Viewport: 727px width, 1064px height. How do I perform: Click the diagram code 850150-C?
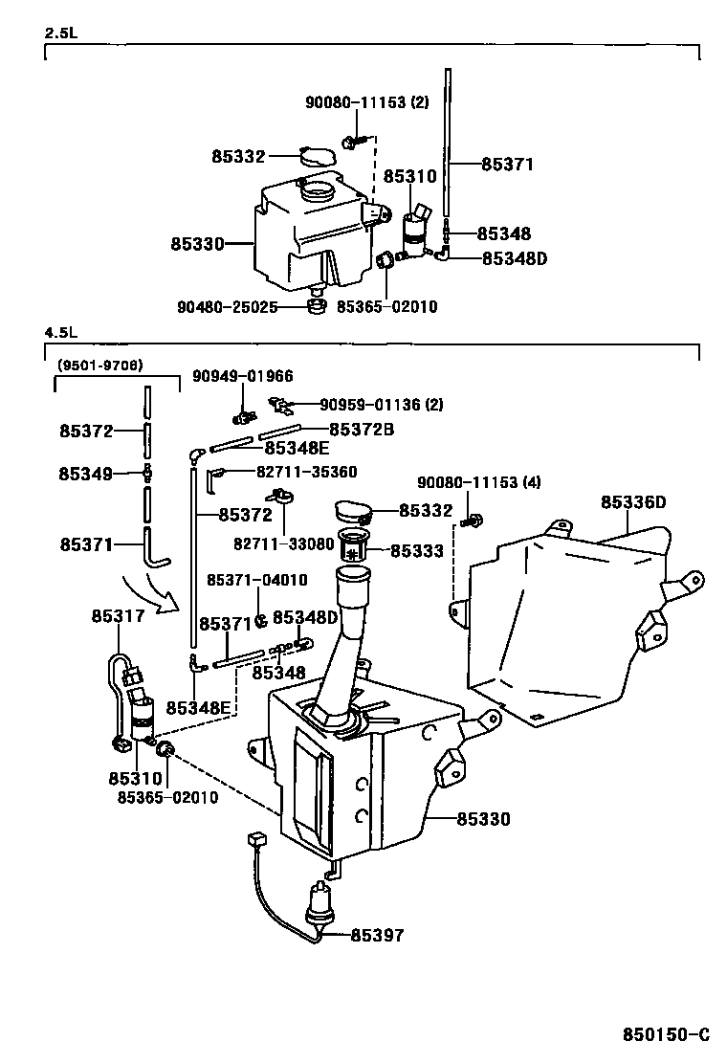click(x=666, y=1034)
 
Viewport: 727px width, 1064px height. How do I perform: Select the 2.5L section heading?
click(x=61, y=33)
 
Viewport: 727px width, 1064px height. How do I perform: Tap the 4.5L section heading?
click(x=61, y=333)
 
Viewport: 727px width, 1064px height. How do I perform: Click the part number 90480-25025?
click(x=228, y=307)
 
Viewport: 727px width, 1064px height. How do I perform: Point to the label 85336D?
click(x=633, y=502)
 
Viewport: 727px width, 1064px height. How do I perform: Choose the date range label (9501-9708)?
click(x=99, y=366)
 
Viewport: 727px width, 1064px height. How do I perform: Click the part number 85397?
click(x=377, y=935)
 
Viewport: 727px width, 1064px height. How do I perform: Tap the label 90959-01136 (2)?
click(x=381, y=405)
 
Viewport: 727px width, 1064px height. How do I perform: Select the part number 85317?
click(x=118, y=615)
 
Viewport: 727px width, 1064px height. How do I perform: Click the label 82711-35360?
click(x=306, y=472)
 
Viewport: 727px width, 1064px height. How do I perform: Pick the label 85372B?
click(x=362, y=430)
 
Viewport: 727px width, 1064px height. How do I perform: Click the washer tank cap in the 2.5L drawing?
click(x=318, y=156)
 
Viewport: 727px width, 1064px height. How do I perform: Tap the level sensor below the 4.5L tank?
click(x=319, y=902)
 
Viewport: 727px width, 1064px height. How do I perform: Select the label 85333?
click(x=416, y=550)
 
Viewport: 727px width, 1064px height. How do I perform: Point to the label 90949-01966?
click(x=243, y=376)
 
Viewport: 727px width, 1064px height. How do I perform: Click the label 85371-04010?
click(x=257, y=580)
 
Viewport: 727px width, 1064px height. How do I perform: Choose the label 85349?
click(x=85, y=474)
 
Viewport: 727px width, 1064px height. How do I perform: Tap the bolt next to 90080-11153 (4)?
click(x=471, y=521)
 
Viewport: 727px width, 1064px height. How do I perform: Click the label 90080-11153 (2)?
click(x=367, y=102)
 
